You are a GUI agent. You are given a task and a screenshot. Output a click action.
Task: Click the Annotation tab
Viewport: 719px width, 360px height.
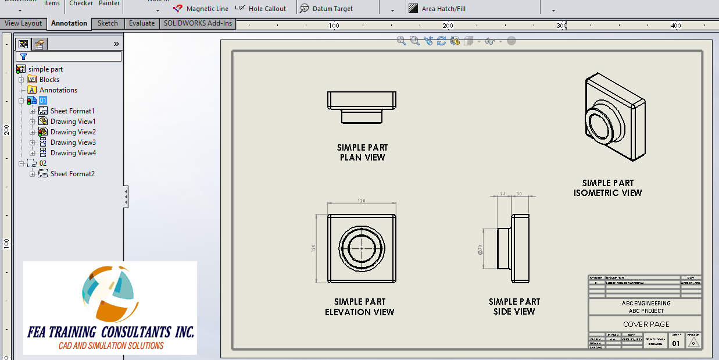coord(69,23)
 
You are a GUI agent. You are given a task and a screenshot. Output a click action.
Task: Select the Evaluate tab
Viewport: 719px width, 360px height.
coord(142,23)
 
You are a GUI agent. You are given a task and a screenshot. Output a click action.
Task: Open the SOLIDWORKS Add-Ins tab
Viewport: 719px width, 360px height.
coord(198,23)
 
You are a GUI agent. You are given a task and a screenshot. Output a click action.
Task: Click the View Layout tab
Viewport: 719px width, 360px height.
coord(23,23)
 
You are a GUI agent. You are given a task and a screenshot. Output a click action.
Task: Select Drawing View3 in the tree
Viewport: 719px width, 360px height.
coord(73,142)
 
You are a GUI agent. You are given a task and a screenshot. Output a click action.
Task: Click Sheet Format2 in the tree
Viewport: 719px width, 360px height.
coord(72,174)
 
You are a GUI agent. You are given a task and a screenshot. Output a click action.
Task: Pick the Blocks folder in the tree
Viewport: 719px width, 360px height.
coord(49,80)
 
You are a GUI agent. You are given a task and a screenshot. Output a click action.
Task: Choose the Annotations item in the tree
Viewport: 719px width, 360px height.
coord(58,90)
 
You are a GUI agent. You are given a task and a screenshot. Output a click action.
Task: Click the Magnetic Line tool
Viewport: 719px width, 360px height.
coord(201,9)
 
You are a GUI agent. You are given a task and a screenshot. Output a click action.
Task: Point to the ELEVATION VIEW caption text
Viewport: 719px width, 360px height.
coord(360,312)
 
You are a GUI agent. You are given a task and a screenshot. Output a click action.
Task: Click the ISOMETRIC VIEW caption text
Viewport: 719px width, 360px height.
coord(607,193)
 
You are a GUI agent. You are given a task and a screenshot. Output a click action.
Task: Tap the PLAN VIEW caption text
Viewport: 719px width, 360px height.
coord(362,158)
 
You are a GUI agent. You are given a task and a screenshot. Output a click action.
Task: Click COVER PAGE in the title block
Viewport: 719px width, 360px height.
coord(646,324)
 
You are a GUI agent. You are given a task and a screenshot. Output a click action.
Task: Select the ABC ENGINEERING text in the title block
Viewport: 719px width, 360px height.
coord(646,303)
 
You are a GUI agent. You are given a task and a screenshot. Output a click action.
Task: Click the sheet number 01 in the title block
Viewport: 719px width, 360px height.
coord(675,343)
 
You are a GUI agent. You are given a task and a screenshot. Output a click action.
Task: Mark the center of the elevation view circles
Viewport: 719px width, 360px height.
coord(362,248)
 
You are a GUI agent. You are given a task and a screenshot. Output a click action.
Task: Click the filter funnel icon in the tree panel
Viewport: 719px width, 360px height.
coord(23,57)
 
